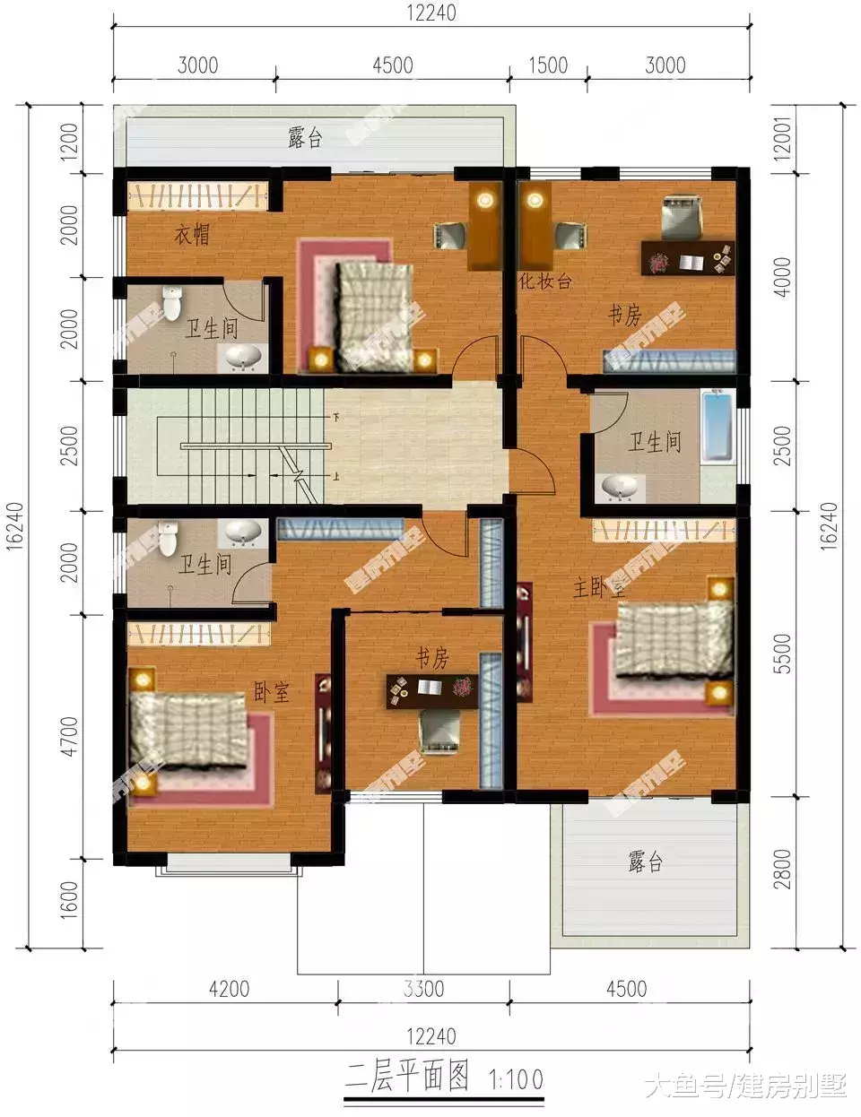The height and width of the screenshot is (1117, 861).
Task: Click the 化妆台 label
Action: point(544,281)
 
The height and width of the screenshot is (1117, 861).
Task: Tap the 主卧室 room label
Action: point(599,588)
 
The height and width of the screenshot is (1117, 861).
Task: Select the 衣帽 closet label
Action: point(192,235)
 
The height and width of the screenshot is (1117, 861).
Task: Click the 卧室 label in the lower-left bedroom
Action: point(272,691)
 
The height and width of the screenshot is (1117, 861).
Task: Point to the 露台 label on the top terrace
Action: point(305,138)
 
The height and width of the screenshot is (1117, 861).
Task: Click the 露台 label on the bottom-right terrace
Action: point(645,862)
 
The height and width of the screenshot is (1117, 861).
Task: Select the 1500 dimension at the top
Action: point(548,65)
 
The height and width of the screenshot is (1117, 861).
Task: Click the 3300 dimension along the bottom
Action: point(423,990)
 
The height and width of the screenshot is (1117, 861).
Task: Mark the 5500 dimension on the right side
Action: point(783,654)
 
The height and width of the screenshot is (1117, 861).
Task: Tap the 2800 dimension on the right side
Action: point(783,869)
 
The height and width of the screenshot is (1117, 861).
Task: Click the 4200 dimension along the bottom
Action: point(229,990)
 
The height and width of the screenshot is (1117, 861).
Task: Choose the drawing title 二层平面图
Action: point(408,1077)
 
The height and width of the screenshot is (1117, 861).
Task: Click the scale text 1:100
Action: point(516,1078)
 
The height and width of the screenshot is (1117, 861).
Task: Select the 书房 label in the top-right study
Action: point(625,316)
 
